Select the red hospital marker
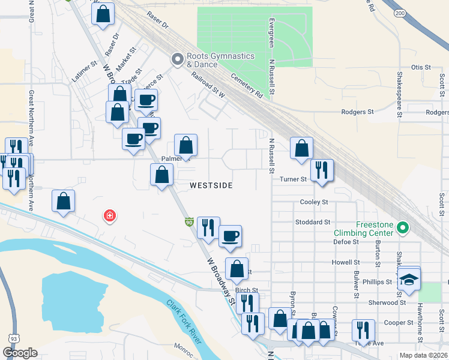(109, 215)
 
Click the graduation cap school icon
(409, 280)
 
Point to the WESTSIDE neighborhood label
(211, 186)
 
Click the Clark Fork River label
(183, 322)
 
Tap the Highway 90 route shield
(188, 223)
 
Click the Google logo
(20, 353)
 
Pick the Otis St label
(421, 68)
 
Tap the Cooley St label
(314, 203)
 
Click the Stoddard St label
(313, 222)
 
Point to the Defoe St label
(345, 242)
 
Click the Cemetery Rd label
(247, 85)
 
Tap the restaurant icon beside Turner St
(322, 170)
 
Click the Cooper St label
(398, 322)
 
